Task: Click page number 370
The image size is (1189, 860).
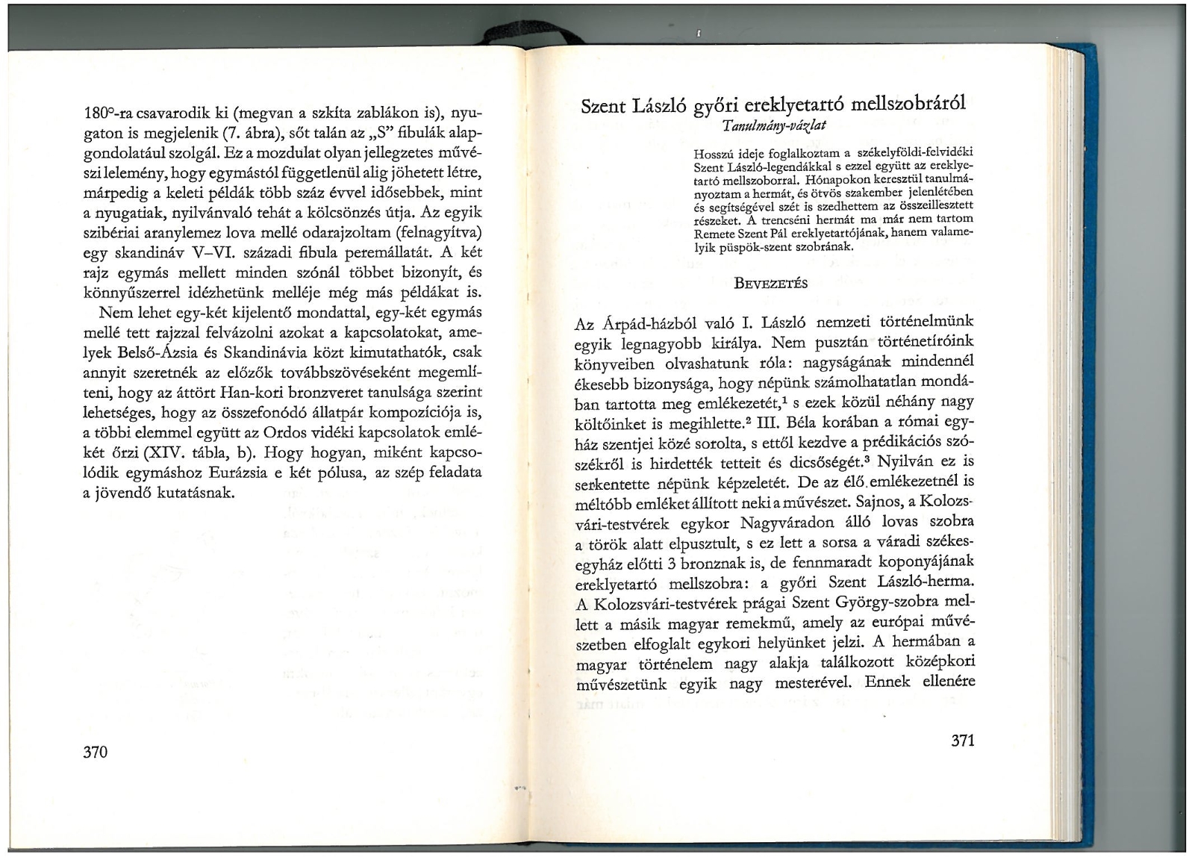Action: (95, 752)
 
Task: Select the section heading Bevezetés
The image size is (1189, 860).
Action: (771, 283)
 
